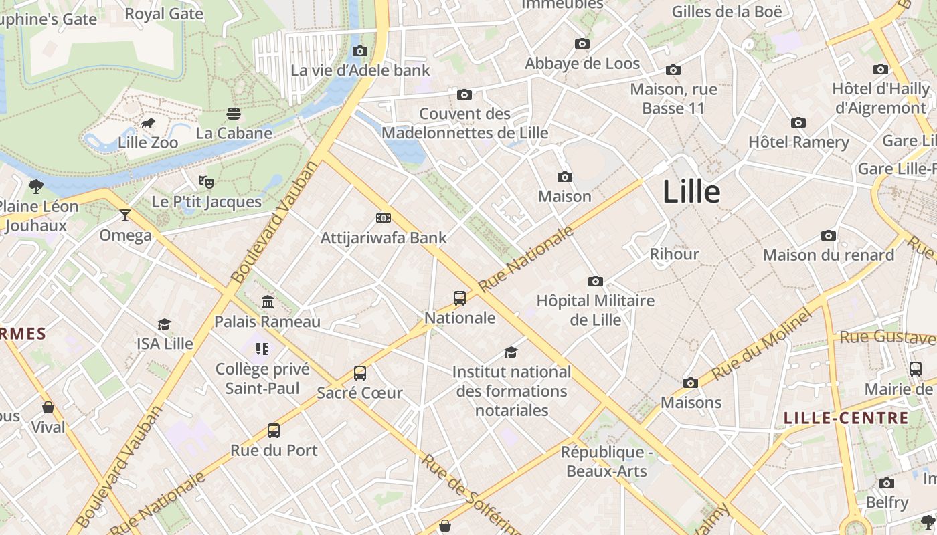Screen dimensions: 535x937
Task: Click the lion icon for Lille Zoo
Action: click(x=148, y=124)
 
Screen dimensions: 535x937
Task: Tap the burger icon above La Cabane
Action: click(x=234, y=114)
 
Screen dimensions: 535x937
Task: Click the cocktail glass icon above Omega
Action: click(x=125, y=215)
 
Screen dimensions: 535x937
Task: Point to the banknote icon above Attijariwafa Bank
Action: click(x=384, y=218)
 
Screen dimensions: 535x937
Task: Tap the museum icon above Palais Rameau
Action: click(x=268, y=302)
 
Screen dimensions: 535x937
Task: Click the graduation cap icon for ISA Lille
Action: click(x=164, y=325)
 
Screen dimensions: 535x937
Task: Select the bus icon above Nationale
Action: click(x=460, y=298)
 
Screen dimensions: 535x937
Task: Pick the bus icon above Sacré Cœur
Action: click(x=360, y=373)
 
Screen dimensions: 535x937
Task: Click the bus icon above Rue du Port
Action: click(x=274, y=431)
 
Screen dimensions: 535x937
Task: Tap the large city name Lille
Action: click(x=691, y=192)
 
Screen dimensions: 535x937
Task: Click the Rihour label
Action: click(x=674, y=254)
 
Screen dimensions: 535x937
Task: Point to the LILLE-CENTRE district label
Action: click(x=846, y=419)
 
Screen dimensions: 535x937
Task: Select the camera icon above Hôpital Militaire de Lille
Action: click(x=595, y=282)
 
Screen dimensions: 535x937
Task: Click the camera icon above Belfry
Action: click(x=887, y=484)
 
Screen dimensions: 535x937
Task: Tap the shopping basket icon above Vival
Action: click(x=48, y=407)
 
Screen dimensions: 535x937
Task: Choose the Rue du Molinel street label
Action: click(x=761, y=346)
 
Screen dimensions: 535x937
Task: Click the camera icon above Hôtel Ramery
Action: click(x=798, y=123)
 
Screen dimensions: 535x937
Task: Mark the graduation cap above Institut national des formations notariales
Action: click(x=511, y=352)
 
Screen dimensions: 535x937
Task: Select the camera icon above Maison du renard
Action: click(x=829, y=236)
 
